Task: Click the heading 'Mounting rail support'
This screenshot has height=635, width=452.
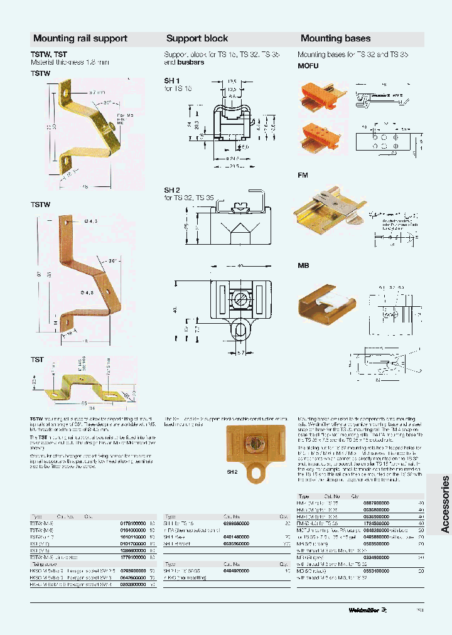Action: (x=80, y=38)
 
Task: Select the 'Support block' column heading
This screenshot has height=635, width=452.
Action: (x=196, y=38)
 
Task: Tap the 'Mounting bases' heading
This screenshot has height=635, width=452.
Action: (x=335, y=38)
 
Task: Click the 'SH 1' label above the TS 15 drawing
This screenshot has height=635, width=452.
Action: (x=172, y=81)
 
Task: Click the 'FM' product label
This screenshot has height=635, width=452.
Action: (x=302, y=176)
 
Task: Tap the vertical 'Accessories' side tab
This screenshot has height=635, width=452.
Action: (x=445, y=504)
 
